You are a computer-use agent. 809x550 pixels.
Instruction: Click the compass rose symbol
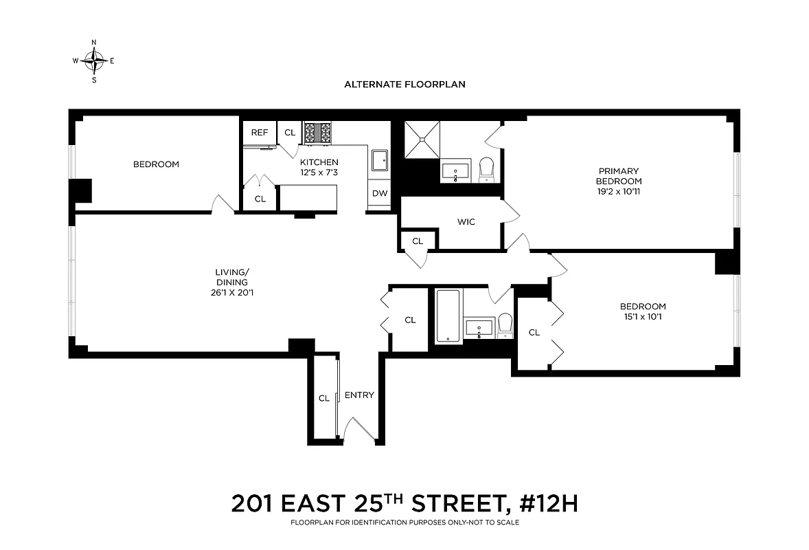coord(94,60)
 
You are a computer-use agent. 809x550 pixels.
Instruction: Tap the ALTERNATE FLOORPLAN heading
coord(404,85)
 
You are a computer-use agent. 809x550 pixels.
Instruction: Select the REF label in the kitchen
coord(259,133)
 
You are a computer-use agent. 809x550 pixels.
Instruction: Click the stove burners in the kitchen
coord(317,132)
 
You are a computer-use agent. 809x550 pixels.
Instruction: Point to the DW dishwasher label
coord(380,193)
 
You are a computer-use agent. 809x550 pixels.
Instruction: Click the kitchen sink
coord(380,160)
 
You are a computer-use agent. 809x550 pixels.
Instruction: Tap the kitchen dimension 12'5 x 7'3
coord(318,173)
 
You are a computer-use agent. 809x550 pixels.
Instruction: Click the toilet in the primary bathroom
coord(486,168)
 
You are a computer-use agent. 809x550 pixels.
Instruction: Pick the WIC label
coord(466,222)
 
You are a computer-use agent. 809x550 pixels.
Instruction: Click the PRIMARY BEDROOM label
coord(619,176)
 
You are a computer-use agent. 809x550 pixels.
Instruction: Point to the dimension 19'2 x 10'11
coord(619,192)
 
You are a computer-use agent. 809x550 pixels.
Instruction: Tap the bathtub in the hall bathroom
coord(447,316)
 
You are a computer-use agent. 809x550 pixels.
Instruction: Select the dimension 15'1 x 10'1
coord(643,317)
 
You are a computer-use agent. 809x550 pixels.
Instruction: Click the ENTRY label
coord(359,395)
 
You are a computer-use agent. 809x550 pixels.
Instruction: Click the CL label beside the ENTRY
coord(323,398)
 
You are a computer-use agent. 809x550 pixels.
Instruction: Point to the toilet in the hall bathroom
coord(505,324)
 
